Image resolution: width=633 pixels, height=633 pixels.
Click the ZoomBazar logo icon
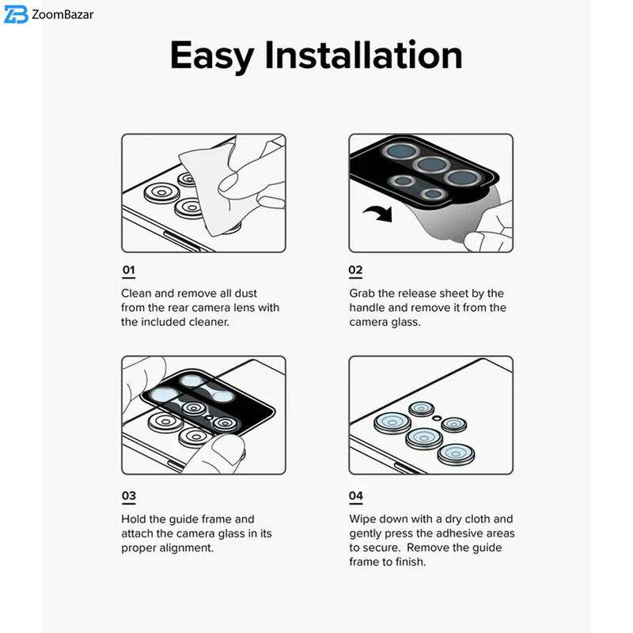click(x=16, y=15)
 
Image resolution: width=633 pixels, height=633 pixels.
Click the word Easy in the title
click(x=212, y=55)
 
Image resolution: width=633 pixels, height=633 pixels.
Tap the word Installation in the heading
click(x=363, y=55)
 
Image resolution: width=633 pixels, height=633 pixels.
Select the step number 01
click(x=128, y=270)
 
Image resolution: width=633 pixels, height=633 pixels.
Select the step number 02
click(x=355, y=270)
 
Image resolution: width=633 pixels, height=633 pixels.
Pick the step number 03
click(x=129, y=496)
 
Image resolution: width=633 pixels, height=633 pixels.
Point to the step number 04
click(x=356, y=496)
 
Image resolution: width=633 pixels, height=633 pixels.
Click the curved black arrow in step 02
click(x=379, y=214)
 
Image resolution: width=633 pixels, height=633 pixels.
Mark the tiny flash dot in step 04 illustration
click(x=436, y=419)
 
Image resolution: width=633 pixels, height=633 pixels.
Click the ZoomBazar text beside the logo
click(x=63, y=15)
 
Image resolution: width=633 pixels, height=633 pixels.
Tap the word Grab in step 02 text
click(x=362, y=294)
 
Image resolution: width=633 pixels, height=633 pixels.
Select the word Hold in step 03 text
click(x=134, y=519)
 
